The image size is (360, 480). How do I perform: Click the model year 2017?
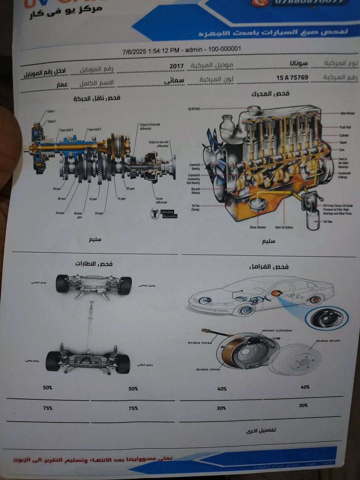click(177, 66)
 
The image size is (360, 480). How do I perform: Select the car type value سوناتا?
click(299, 63)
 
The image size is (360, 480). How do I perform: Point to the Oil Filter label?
click(328, 222)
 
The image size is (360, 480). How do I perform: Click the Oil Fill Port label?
click(194, 109)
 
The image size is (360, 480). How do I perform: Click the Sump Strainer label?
click(258, 227)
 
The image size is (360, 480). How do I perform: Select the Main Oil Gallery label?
click(284, 227)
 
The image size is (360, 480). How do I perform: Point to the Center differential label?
click(161, 200)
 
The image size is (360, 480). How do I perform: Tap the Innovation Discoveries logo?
click(164, 214)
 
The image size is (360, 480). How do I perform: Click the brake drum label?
click(328, 341)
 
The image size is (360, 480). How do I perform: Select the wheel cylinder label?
click(277, 330)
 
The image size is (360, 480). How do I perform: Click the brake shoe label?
click(208, 369)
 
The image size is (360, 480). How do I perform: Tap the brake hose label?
click(200, 343)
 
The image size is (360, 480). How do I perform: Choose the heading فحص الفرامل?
click(269, 267)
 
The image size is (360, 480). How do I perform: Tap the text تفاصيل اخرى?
click(261, 430)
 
